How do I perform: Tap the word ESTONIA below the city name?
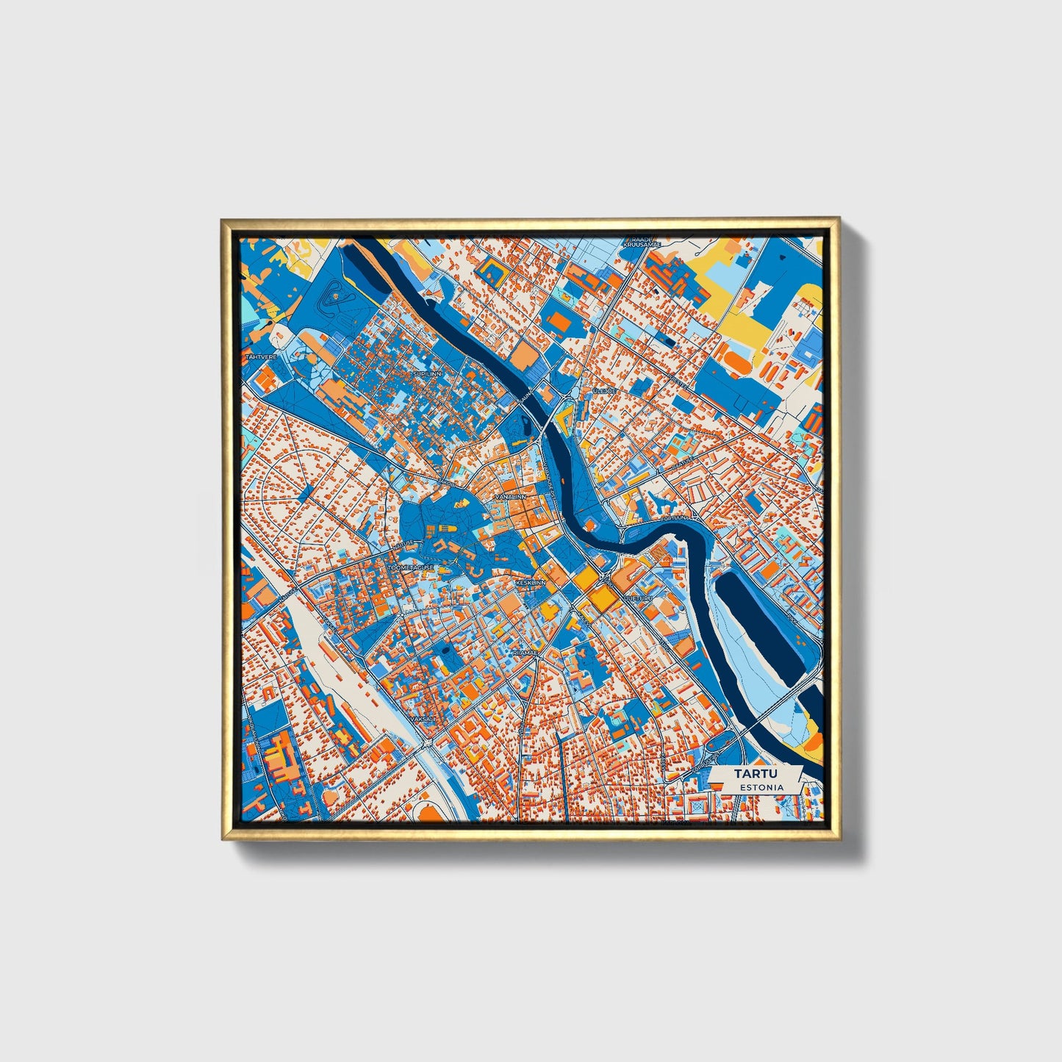761,787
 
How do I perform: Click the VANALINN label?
512,498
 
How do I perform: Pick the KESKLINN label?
531,582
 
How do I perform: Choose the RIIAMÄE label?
525,653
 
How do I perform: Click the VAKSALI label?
424,719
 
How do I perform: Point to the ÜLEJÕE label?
605,391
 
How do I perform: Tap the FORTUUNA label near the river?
675,519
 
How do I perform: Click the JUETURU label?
638,599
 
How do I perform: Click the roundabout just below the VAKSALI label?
428,742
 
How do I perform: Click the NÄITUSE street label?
403,545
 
